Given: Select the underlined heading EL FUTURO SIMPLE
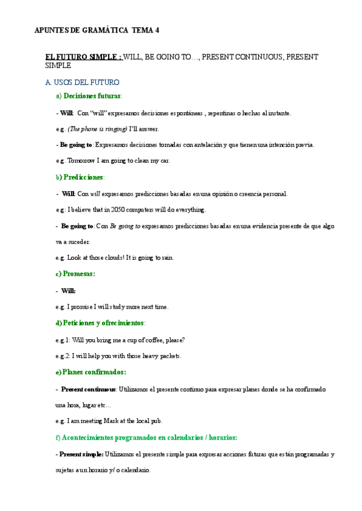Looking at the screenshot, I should click(84, 57).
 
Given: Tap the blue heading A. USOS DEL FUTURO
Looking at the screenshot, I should click(82, 82).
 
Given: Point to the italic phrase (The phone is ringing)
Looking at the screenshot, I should click(97, 129).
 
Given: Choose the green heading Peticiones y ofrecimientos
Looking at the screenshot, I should click(103, 323).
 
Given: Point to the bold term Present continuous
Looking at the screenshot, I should click(88, 389).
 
